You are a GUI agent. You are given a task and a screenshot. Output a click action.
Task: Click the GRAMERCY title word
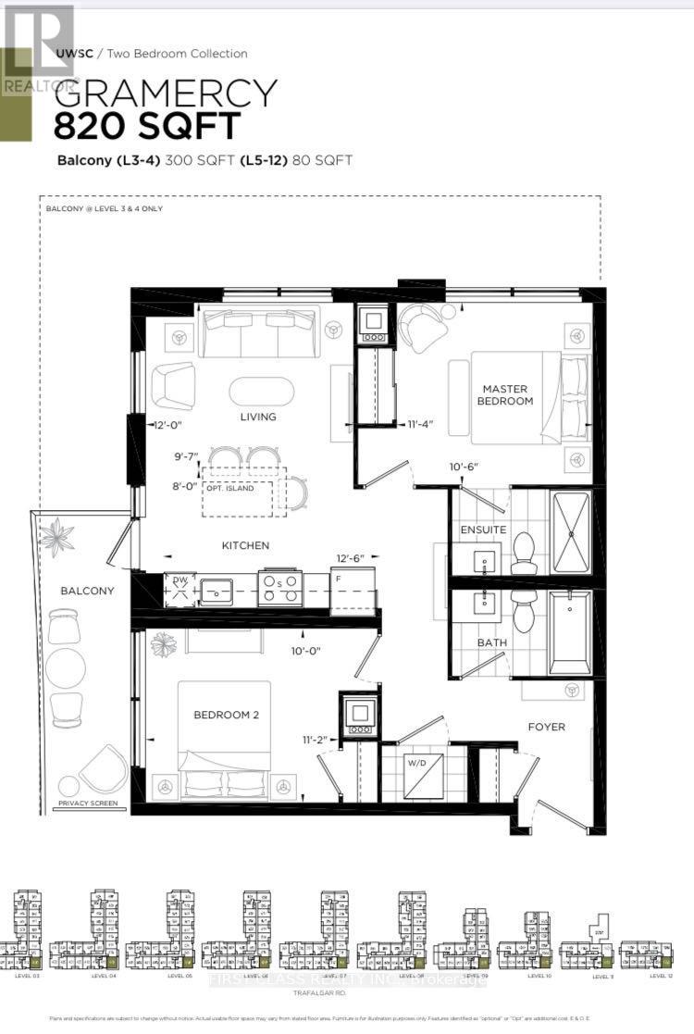tap(167, 93)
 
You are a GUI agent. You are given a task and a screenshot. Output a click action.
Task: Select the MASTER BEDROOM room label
tap(505, 394)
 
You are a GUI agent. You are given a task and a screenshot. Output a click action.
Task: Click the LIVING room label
tap(258, 417)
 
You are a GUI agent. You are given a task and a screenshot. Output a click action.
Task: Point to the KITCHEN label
tap(245, 545)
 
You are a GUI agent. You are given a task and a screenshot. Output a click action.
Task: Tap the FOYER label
tap(548, 727)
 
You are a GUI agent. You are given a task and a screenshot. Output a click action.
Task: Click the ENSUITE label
tap(484, 529)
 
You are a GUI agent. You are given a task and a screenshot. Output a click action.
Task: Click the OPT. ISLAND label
tap(237, 487)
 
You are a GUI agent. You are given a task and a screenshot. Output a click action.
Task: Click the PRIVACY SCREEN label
tap(88, 803)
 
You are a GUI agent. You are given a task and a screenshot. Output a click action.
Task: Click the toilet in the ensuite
tap(524, 547)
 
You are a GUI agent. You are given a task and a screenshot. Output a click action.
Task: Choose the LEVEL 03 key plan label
tap(28, 976)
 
